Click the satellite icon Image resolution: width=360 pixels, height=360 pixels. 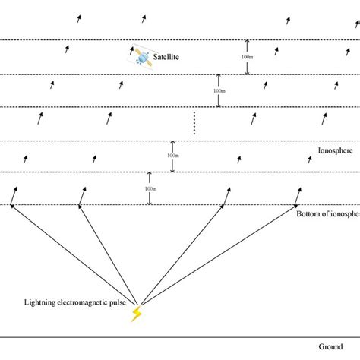tap(143, 56)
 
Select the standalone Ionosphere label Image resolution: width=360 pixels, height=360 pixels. tap(336, 151)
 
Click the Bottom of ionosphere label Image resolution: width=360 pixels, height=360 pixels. tap(327, 215)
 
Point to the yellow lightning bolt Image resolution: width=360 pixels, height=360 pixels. tap(136, 313)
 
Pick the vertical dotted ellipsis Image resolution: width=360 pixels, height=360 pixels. tap(194, 123)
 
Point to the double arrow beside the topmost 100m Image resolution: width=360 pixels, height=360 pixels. tap(247, 58)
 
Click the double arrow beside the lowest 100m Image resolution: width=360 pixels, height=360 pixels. tap(150, 188)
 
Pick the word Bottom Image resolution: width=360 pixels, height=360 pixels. tap(310, 215)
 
